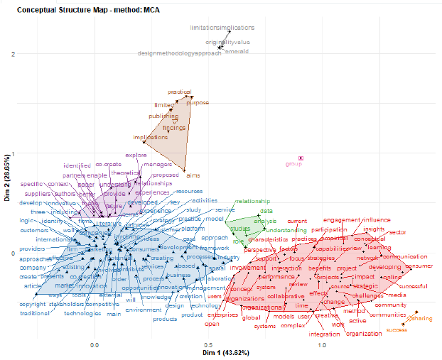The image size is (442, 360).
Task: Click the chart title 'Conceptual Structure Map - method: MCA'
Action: click(79, 11)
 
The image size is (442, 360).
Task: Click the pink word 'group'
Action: click(293, 164)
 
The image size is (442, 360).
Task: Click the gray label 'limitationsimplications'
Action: click(222, 28)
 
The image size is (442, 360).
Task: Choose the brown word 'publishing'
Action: click(163, 116)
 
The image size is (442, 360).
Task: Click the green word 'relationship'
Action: click(253, 201)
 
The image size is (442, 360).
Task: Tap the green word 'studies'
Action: click(240, 229)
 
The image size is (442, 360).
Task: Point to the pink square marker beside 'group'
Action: click(301, 158)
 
